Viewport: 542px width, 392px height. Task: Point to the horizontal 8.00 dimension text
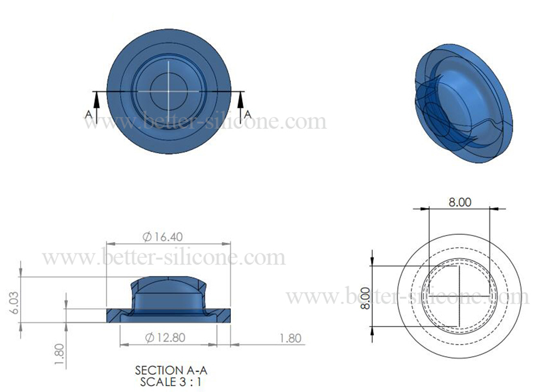pyautogui.click(x=459, y=202)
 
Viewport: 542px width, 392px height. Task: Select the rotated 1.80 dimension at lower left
pyautogui.click(x=60, y=355)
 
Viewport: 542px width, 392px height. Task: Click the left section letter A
pyautogui.click(x=88, y=114)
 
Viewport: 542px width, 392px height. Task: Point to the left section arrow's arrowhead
pyautogui.click(x=96, y=96)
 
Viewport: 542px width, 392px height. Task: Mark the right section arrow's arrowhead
pyautogui.click(x=240, y=96)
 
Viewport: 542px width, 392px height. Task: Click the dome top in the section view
pyautogui.click(x=169, y=281)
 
